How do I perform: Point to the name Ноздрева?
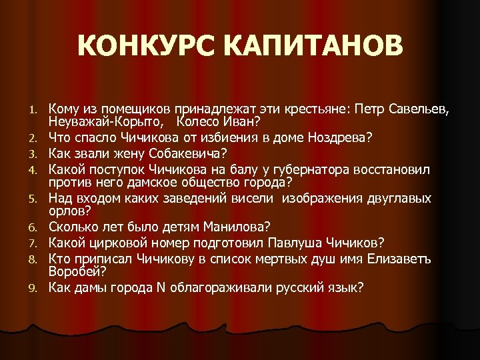[340, 139]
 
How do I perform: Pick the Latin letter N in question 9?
[159, 287]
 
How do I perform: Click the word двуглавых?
[399, 199]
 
